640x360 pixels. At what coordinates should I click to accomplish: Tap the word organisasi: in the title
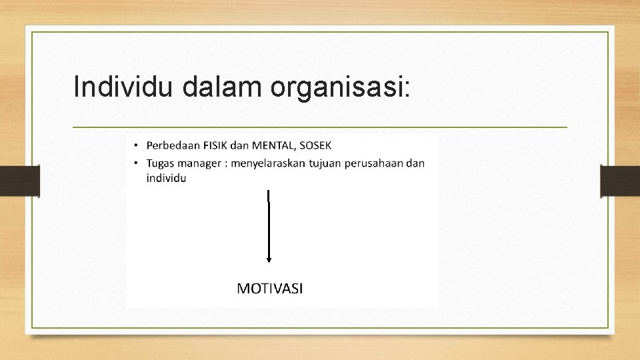341,88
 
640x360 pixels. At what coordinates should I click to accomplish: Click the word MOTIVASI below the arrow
270,288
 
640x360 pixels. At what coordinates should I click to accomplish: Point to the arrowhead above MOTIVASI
269,259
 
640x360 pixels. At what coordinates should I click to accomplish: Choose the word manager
201,163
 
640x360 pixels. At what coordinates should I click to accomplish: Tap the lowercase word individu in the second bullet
166,178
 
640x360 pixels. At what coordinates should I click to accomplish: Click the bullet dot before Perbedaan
135,146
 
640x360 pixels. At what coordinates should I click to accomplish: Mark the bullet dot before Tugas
135,164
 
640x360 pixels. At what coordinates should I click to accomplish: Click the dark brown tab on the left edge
19,181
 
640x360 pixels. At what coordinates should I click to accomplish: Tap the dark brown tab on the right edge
620,181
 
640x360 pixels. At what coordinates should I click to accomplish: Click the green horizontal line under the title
320,127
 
